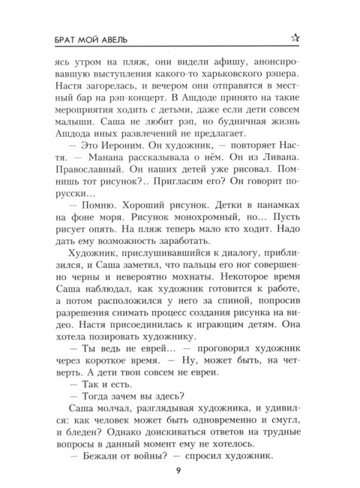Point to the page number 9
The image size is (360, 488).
click(180, 471)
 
